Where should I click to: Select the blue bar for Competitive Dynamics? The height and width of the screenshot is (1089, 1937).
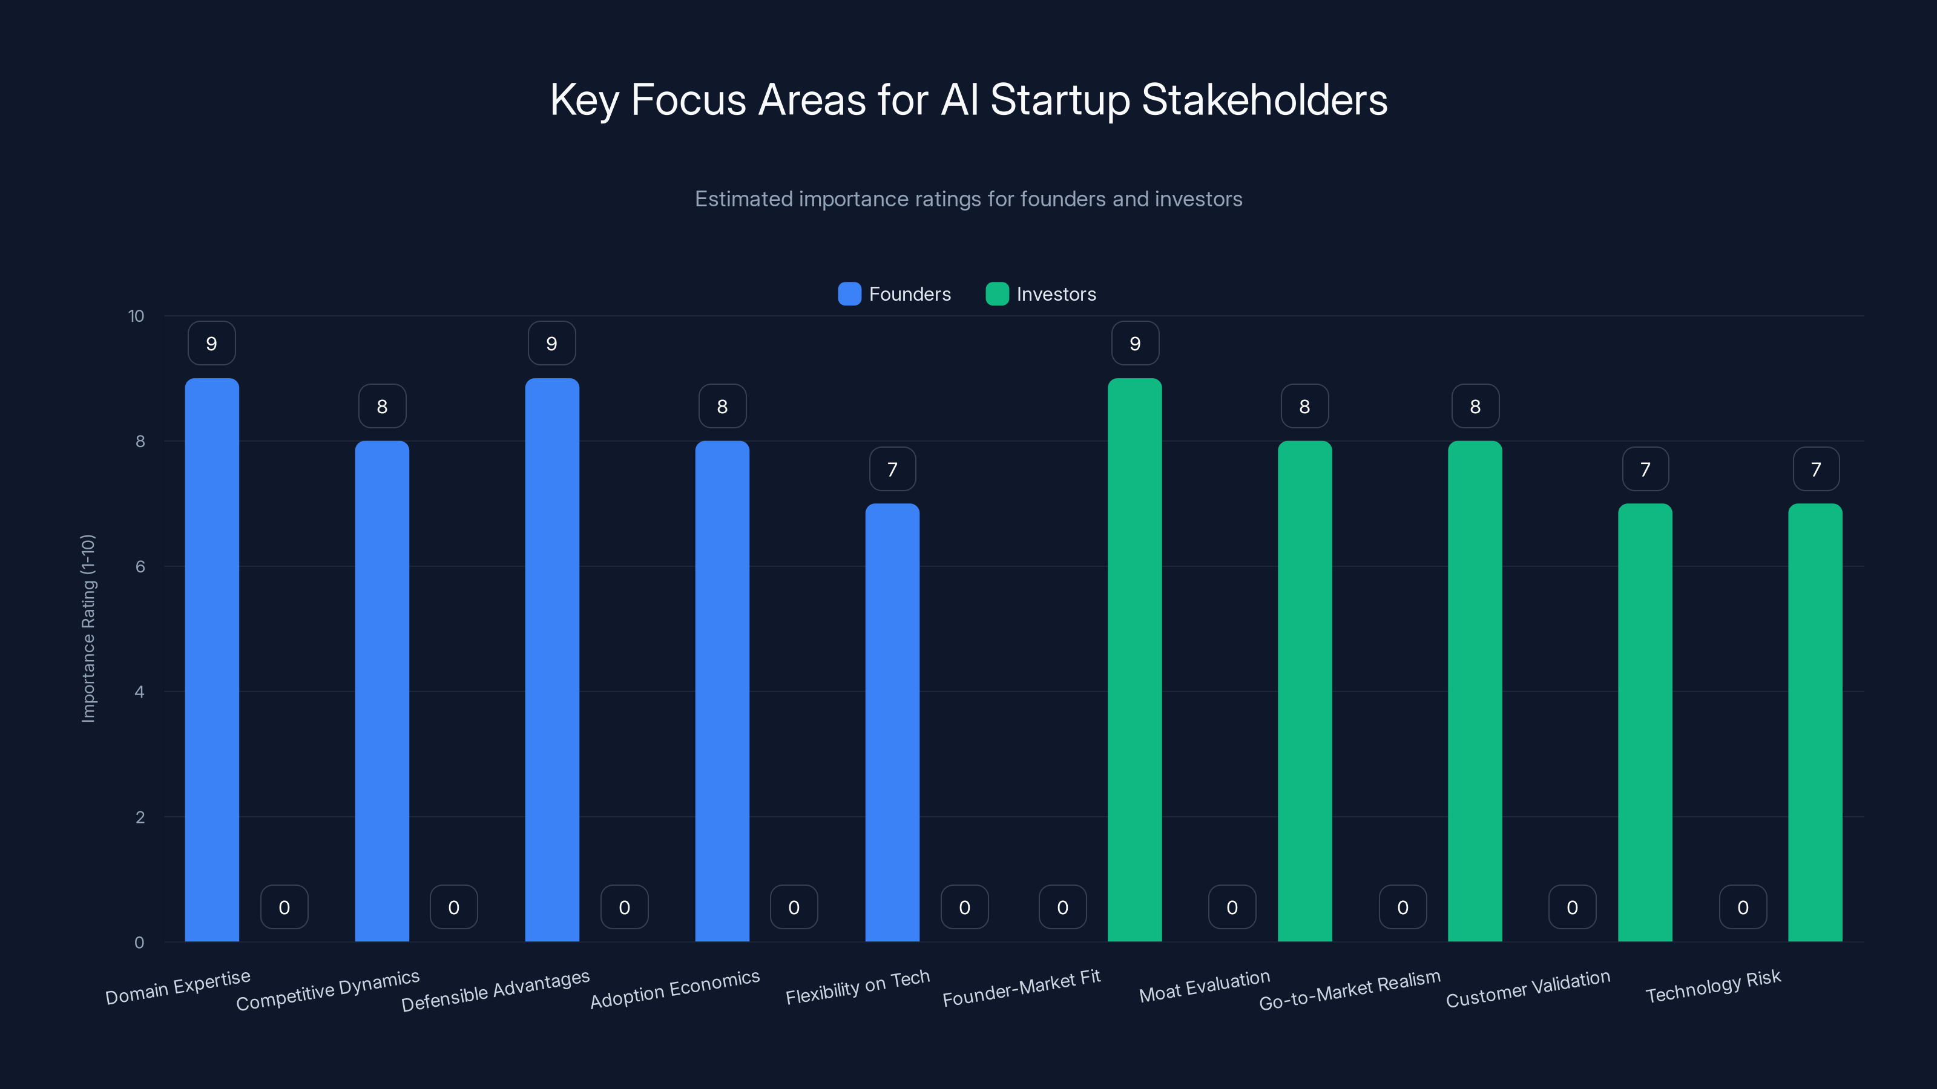pos(382,691)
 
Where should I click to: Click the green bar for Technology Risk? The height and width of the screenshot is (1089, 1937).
pos(1815,722)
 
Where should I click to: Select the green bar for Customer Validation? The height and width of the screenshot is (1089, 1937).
pos(1645,722)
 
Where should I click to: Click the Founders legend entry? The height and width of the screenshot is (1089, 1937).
pos(895,294)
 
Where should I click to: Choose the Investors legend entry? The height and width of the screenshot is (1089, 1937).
pos(1041,294)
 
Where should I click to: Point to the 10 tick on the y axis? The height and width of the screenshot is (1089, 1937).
pos(136,316)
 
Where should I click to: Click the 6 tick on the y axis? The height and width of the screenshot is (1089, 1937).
pos(140,567)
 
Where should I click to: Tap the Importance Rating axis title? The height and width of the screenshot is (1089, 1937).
pos(88,629)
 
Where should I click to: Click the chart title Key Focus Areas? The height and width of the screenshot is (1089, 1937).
pos(968,100)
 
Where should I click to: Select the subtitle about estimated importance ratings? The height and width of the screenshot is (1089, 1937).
pos(968,199)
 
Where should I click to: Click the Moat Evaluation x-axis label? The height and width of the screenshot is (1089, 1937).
pos(1204,986)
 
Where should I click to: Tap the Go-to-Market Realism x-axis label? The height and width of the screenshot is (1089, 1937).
pos(1350,990)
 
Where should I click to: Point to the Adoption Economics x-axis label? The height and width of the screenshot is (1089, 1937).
pos(674,989)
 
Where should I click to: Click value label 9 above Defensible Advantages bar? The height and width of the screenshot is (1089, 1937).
pos(552,344)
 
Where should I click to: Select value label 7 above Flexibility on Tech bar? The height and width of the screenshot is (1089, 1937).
pos(893,469)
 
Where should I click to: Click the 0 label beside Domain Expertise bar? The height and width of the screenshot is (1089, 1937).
pos(284,907)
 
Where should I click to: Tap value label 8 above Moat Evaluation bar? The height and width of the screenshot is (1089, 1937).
pos(1304,407)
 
